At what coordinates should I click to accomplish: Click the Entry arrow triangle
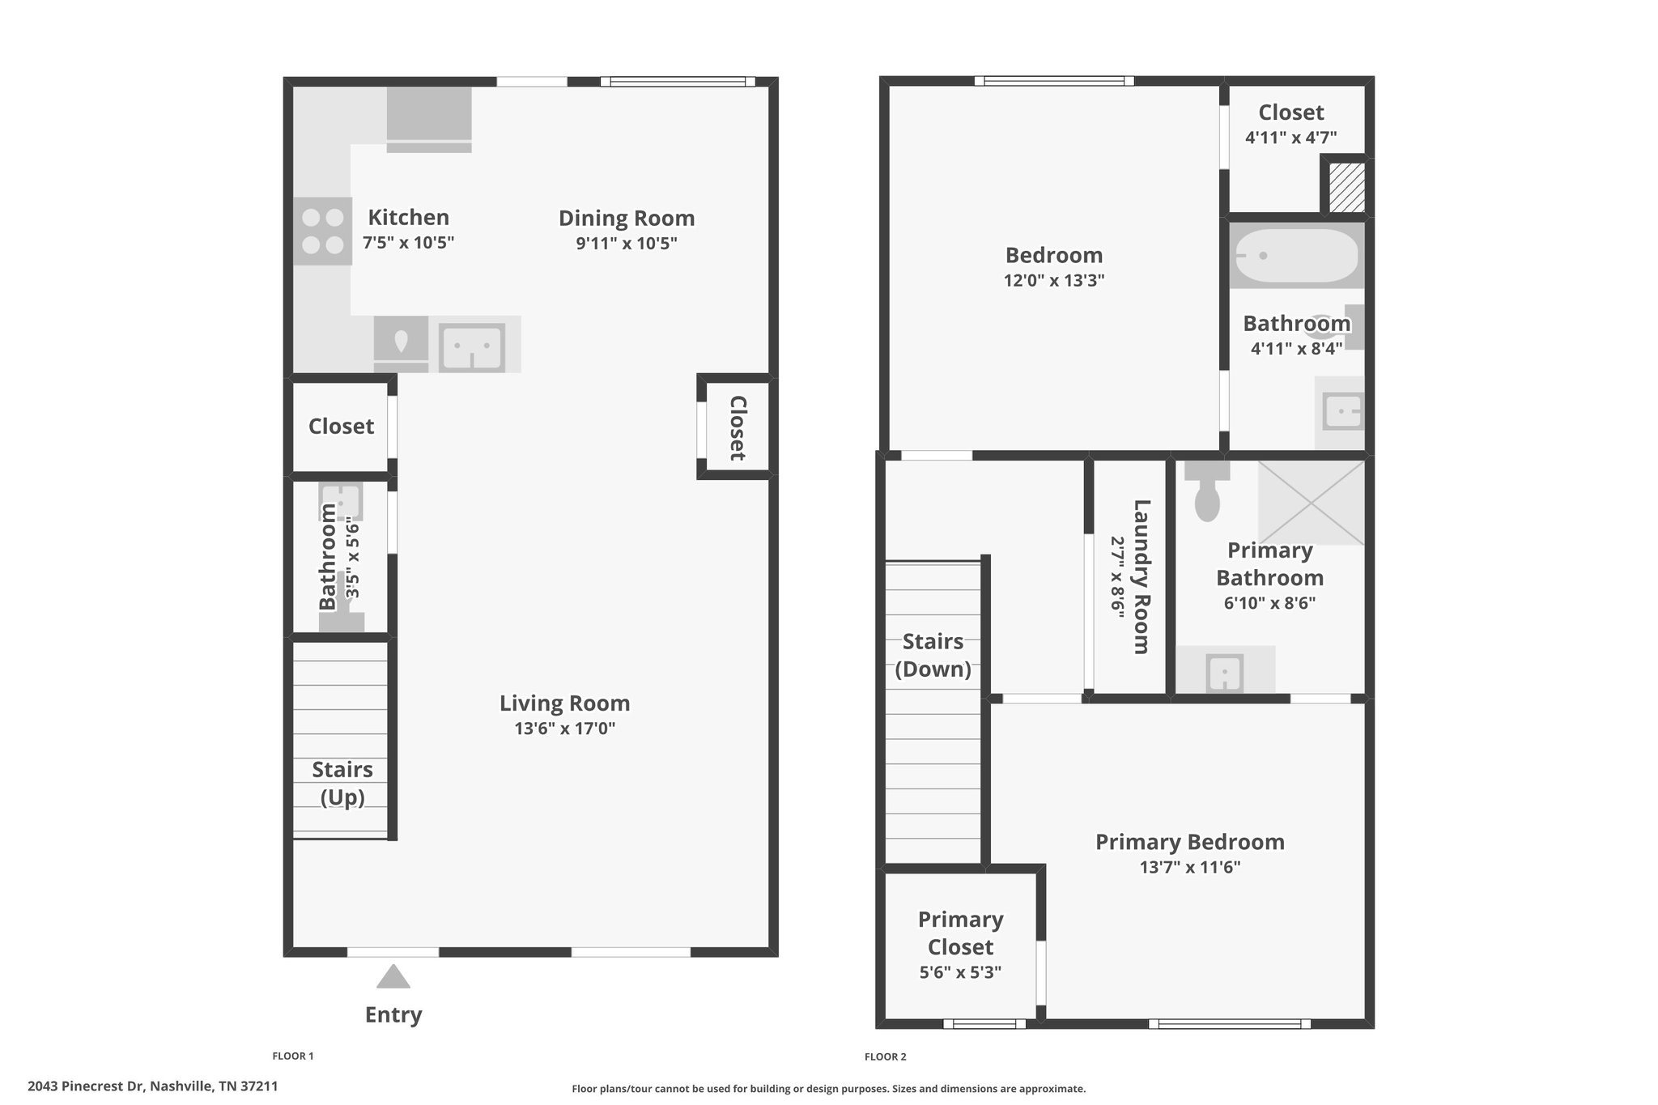coord(393,976)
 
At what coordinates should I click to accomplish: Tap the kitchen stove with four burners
coord(322,231)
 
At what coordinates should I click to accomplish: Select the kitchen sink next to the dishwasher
coord(471,346)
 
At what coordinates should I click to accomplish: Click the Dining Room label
coord(627,219)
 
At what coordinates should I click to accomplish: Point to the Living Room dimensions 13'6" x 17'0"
coord(565,729)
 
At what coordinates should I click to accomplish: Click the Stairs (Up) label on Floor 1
coord(342,784)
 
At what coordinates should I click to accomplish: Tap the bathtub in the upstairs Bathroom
coord(1297,256)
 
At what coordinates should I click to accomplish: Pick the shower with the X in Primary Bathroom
coord(1312,503)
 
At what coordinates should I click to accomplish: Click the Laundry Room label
coord(1141,576)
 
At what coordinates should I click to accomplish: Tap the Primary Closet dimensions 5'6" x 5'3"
coord(961,972)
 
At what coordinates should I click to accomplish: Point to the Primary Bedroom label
coord(1190,842)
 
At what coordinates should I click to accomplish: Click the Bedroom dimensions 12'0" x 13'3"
coord(1054,281)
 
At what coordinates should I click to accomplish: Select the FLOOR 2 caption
coord(886,1056)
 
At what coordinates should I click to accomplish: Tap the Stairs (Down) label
coord(933,656)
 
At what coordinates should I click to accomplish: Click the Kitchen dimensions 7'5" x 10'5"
coord(409,243)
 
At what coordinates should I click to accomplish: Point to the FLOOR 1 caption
coord(293,1056)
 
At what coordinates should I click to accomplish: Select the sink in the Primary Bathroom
coord(1225,672)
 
